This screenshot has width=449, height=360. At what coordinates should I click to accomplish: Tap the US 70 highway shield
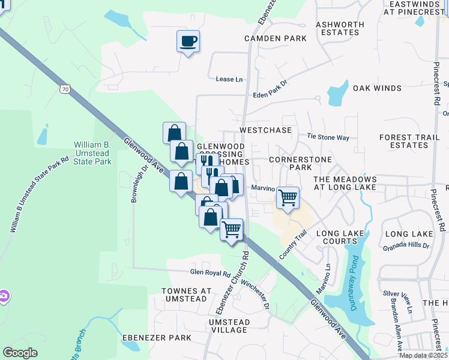64,89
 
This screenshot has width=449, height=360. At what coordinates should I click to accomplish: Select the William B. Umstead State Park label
92,153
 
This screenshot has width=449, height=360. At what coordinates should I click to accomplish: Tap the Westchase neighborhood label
265,130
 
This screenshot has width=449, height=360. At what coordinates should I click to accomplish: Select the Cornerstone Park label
291,164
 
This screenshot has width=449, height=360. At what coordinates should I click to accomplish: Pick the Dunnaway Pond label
354,289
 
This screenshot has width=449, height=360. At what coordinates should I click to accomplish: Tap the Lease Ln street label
229,79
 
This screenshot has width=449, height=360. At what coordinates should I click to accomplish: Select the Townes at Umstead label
187,295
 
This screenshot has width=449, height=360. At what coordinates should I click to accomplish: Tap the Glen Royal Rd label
210,273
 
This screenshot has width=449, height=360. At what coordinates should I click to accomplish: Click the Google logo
20,353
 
